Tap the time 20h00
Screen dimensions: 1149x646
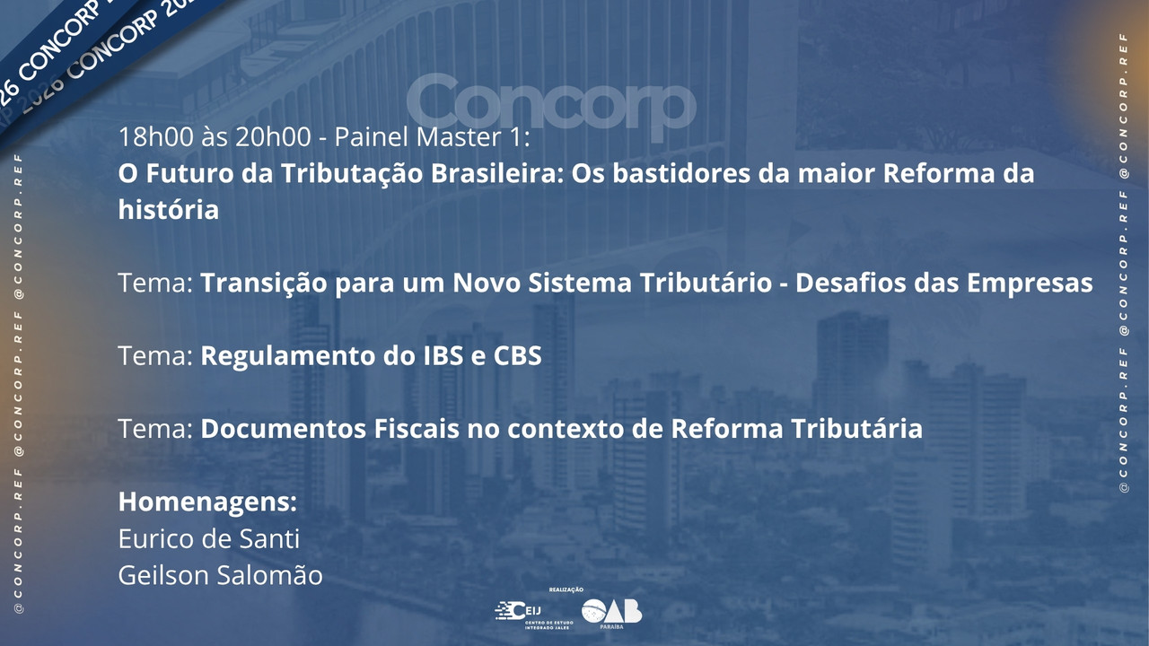273,137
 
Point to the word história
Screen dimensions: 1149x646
169,210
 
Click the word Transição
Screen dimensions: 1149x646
264,283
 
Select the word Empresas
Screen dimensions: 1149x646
1030,284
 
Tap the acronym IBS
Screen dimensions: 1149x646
443,355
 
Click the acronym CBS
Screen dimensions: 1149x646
517,355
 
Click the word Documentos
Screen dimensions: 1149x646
283,429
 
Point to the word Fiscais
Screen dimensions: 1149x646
416,429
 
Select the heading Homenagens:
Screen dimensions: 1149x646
207,502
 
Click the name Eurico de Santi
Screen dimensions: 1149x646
209,538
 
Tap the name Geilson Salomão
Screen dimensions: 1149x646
221,575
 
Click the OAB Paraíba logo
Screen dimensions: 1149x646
611,613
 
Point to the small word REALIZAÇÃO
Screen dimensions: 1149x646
566,590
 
